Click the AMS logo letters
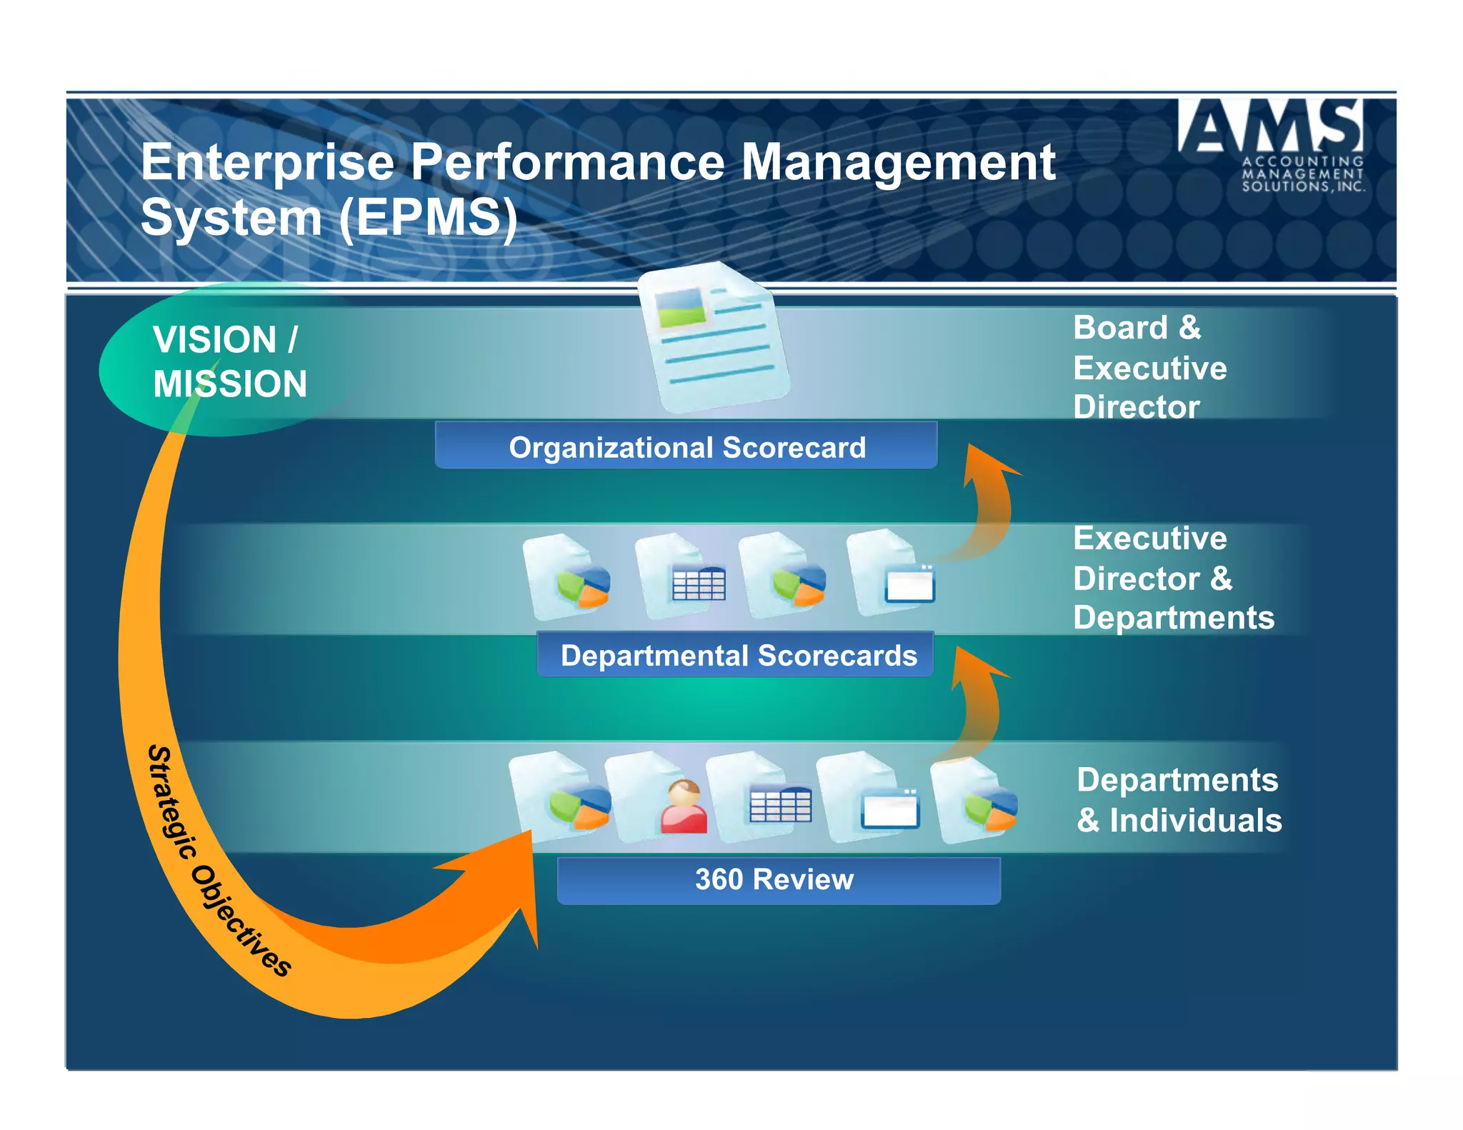(1271, 126)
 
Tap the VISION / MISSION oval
(229, 361)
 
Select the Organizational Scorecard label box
(686, 447)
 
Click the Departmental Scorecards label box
(736, 655)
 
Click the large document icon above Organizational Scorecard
(714, 336)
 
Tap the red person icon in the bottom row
(684, 807)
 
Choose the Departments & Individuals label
(1179, 800)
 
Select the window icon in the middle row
(909, 584)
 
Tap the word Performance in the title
(568, 163)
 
